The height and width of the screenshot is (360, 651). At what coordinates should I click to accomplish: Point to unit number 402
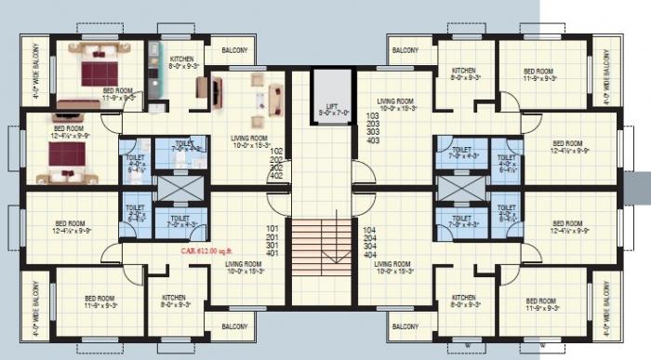click(x=275, y=175)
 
